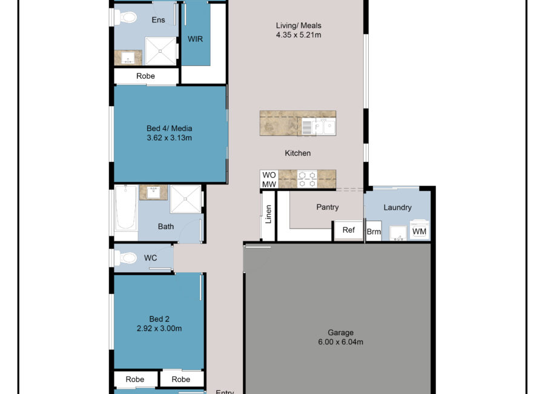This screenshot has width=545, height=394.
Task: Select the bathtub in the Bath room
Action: (126, 208)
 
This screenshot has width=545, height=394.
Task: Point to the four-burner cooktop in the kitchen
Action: (307, 179)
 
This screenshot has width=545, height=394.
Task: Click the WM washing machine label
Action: (419, 232)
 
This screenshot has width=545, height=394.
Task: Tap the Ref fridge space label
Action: (349, 230)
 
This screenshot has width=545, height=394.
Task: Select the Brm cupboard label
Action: (374, 232)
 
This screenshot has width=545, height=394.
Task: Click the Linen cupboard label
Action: (268, 214)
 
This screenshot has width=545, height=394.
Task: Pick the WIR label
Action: (195, 39)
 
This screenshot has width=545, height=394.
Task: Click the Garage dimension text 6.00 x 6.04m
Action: (340, 342)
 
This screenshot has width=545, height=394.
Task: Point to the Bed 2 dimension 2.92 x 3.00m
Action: (159, 328)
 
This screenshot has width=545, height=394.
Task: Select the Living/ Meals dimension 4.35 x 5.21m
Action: (299, 35)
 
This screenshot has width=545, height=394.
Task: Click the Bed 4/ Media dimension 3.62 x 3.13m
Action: (170, 138)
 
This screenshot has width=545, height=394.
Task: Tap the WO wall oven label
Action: (269, 175)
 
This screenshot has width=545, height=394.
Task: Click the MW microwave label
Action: (269, 184)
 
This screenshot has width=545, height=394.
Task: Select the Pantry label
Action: (328, 207)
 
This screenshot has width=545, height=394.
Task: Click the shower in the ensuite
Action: (160, 51)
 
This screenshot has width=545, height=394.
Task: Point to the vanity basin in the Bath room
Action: (153, 192)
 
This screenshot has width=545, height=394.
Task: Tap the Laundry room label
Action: (398, 207)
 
